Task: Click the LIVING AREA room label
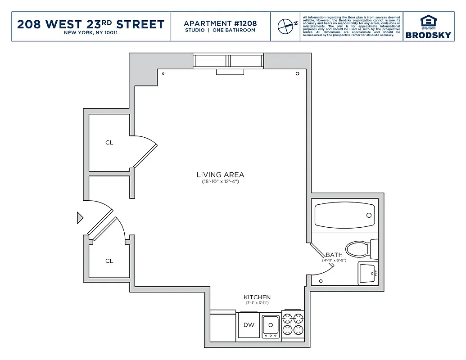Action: [220, 175]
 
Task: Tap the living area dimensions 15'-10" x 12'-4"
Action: [220, 182]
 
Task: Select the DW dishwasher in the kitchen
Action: [249, 325]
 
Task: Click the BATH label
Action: [334, 255]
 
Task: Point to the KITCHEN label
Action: [257, 297]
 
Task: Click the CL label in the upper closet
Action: [109, 143]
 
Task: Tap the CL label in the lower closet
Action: [109, 261]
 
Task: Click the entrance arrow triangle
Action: [80, 218]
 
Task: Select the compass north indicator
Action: [286, 26]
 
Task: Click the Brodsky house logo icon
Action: [428, 22]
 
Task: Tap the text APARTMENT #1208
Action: [220, 23]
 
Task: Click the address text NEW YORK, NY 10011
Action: [91, 33]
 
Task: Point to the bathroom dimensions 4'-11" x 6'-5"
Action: [334, 261]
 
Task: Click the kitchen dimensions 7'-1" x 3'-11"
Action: [257, 303]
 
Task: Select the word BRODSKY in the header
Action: [428, 35]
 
